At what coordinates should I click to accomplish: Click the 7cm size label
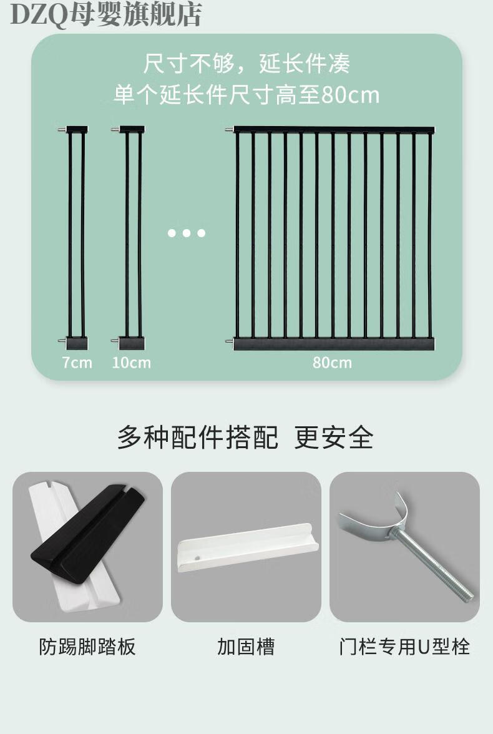[x=77, y=362]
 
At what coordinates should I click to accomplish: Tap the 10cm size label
[x=132, y=362]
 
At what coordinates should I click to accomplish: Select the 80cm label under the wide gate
[x=333, y=362]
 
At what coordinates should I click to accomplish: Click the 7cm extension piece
[x=75, y=237]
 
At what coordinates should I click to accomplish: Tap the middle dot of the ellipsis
[x=187, y=233]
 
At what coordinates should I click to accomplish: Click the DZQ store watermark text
[x=106, y=14]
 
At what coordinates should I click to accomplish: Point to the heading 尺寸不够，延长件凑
[x=246, y=63]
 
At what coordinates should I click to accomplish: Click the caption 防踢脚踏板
[x=87, y=647]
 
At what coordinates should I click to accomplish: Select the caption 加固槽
[x=246, y=647]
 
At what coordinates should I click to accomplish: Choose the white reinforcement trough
[x=248, y=547]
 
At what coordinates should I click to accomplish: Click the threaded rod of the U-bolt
[x=433, y=564]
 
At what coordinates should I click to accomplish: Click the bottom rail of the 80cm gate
[x=334, y=344]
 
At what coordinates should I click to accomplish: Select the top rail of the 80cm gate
[x=334, y=130]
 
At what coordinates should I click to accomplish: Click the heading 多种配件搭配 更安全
[x=245, y=438]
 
